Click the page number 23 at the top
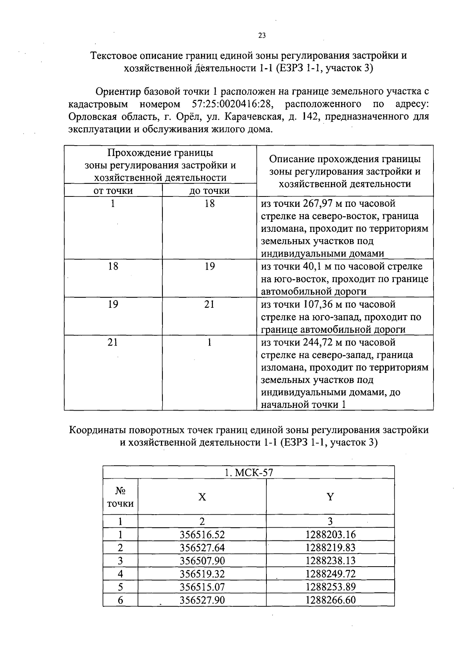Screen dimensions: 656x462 click(x=262, y=35)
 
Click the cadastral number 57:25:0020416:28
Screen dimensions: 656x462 click(x=232, y=104)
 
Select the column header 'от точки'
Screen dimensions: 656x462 click(x=113, y=191)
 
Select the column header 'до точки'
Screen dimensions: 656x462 click(x=209, y=191)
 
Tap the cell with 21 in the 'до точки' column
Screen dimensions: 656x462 click(x=209, y=305)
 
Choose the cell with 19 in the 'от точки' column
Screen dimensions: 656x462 click(x=113, y=305)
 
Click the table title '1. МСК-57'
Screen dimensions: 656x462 click(x=249, y=473)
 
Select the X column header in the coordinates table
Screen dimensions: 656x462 click(x=202, y=497)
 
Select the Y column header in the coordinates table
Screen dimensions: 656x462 click(x=330, y=497)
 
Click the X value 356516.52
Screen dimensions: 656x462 click(x=202, y=535)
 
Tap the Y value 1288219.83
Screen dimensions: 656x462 click(x=330, y=548)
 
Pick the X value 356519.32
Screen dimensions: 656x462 click(x=202, y=574)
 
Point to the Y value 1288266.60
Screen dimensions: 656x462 click(x=330, y=600)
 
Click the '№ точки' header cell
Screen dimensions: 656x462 click(x=121, y=497)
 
